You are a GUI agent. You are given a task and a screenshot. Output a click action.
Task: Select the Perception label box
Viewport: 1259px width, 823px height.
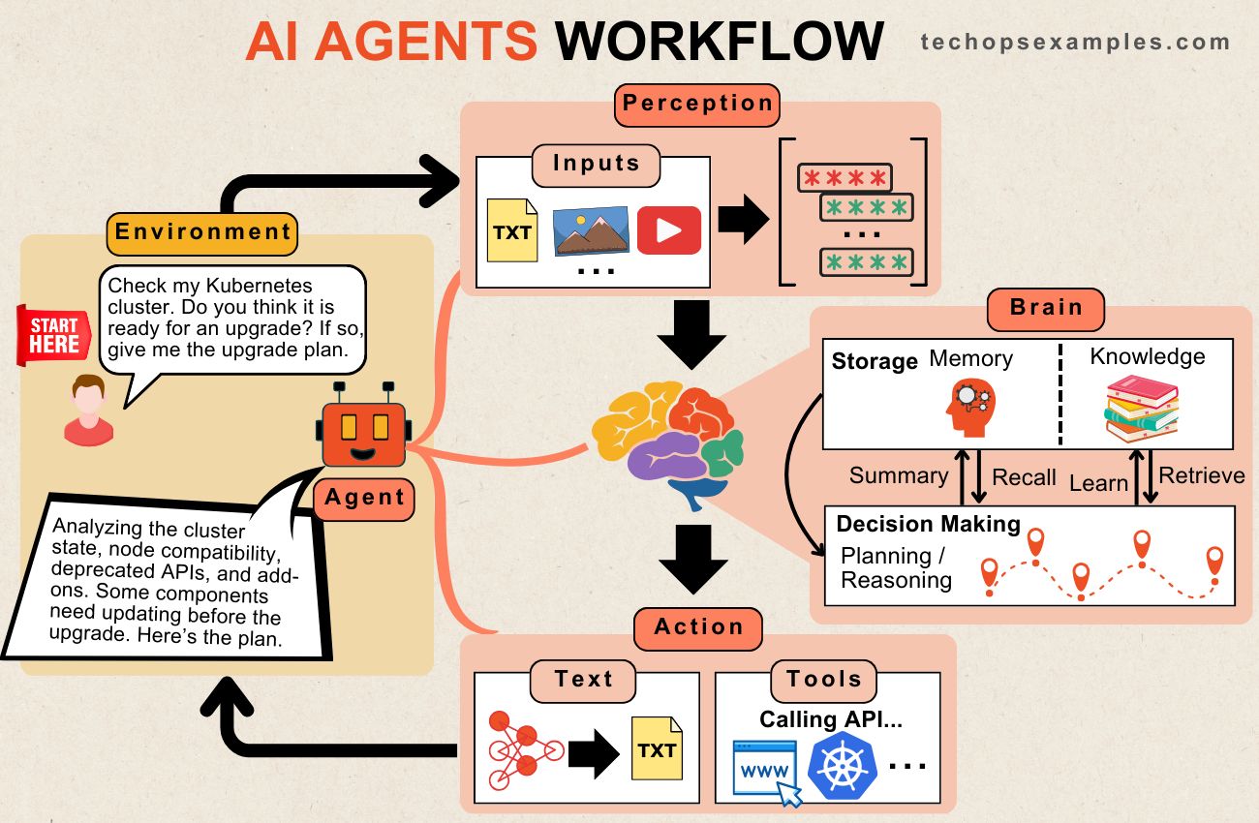point(696,105)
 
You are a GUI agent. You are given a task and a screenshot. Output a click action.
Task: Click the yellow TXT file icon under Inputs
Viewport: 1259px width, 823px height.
point(512,230)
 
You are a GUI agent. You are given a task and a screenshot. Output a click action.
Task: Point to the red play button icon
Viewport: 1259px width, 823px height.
point(669,230)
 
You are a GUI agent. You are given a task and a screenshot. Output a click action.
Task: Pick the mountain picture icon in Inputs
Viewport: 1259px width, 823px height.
point(592,230)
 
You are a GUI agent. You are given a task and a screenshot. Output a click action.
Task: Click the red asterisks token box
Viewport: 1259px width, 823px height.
point(844,178)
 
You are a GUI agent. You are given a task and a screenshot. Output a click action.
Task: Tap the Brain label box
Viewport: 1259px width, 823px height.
point(1045,309)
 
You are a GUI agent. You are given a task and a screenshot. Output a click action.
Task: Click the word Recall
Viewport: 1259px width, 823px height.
point(1024,477)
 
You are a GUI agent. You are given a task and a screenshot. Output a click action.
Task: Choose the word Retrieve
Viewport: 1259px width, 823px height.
point(1201,475)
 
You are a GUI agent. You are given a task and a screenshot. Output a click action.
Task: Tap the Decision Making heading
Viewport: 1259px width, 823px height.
point(928,525)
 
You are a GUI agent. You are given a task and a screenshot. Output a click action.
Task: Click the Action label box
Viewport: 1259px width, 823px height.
point(698,627)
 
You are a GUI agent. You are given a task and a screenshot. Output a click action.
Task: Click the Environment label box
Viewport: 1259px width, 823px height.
point(202,232)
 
